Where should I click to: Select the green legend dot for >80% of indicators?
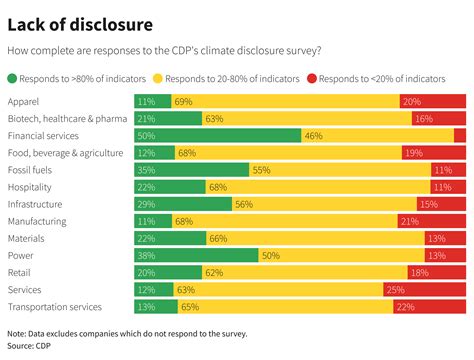tap(13, 76)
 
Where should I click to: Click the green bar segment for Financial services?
tap(217, 135)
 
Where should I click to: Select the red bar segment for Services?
tap(424, 289)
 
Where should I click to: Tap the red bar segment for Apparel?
tap(432, 101)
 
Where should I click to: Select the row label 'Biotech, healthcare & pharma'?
tap(66, 118)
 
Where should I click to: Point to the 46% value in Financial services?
tap(313, 135)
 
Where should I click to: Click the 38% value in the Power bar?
tap(146, 255)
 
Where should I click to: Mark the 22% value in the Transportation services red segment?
tap(405, 306)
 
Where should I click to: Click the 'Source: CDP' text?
tap(28, 346)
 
